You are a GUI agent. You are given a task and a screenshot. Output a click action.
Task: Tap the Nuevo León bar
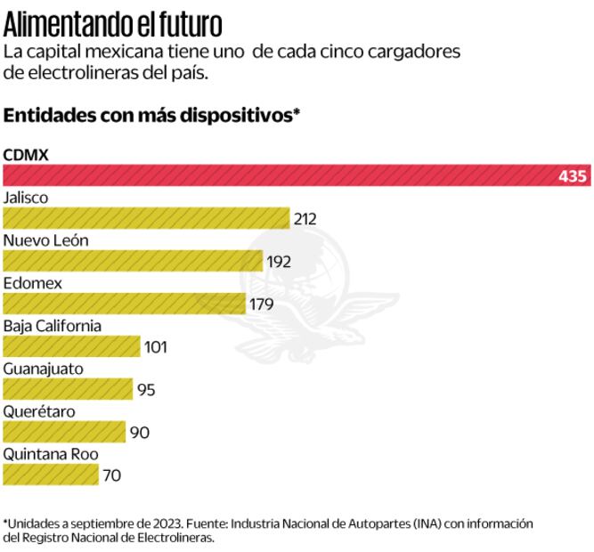tap(133, 261)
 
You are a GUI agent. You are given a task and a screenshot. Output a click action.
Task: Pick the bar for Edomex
tap(124, 304)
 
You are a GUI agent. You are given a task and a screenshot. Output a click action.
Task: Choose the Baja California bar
tap(71, 346)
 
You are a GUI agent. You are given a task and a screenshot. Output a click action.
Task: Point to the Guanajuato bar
tap(68, 389)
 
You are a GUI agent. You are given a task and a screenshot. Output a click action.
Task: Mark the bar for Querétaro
tap(65, 432)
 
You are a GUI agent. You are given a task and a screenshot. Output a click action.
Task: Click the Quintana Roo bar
tap(50, 475)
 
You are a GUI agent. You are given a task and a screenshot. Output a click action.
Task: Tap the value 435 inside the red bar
tap(573, 176)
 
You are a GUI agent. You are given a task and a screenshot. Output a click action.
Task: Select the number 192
tap(278, 262)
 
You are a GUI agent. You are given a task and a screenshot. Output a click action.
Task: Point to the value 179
tap(261, 304)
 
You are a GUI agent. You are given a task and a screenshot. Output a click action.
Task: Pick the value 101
tap(155, 347)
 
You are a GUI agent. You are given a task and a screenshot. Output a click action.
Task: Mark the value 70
tap(111, 475)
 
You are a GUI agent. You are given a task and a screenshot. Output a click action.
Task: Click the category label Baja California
tap(53, 326)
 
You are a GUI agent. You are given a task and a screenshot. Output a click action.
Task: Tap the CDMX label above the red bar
tap(25, 154)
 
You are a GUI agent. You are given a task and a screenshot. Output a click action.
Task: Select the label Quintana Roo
tap(51, 454)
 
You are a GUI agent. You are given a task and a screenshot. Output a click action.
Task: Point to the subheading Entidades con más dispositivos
tap(152, 116)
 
